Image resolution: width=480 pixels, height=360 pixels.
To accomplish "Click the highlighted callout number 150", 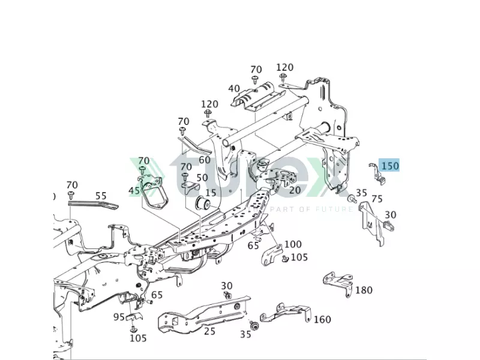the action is tap(390, 166).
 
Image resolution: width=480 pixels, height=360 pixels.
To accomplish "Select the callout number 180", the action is tap(364, 290).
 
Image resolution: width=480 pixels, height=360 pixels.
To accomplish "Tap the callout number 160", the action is tap(322, 320).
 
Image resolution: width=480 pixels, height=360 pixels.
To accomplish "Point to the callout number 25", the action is tap(209, 331).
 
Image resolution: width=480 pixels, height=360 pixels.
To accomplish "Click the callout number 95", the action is tap(119, 317).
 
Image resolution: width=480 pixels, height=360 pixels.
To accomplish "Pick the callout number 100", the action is tap(293, 244).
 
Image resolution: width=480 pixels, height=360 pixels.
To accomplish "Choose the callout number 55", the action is tap(101, 196).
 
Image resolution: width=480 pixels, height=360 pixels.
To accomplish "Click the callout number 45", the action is tap(134, 191).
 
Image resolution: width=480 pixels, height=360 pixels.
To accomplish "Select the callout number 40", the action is tap(234, 88).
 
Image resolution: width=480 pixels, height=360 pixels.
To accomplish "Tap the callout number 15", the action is tap(211, 193).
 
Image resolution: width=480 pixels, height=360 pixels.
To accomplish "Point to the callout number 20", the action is tap(295, 190).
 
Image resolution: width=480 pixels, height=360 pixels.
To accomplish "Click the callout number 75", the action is tap(377, 199).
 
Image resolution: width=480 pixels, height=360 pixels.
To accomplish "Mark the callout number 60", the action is tap(205, 160).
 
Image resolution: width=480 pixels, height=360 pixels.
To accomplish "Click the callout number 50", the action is tap(202, 178).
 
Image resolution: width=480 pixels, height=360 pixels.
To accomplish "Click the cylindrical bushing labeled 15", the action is tap(203, 203).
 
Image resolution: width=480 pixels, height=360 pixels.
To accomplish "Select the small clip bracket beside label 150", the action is tap(377, 173).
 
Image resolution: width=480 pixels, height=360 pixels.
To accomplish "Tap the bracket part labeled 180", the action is tap(338, 283).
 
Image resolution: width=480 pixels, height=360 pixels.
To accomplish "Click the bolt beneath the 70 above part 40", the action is tap(254, 80).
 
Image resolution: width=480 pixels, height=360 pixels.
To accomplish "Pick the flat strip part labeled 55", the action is tap(93, 205).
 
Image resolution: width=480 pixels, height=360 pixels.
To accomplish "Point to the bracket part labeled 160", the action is tap(286, 313).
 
